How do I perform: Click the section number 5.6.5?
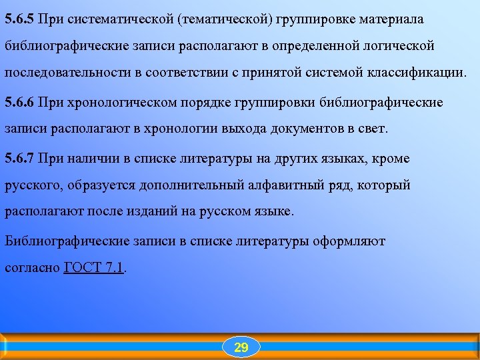(19, 19)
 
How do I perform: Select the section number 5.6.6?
(19, 102)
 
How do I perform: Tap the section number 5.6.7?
(19, 158)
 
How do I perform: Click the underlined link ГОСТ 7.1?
(94, 269)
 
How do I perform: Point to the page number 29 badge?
(241, 347)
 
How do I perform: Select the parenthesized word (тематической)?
(224, 19)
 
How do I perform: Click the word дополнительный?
(201, 185)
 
